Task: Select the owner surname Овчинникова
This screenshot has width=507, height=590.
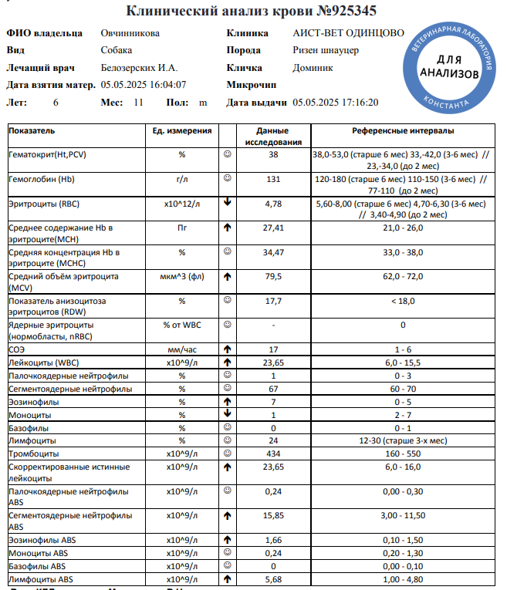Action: [x=130, y=33]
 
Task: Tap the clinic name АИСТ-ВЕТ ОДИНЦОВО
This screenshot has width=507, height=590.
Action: [x=348, y=33]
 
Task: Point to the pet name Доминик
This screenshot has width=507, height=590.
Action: [x=313, y=68]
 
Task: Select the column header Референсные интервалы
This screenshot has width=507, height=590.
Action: [x=403, y=131]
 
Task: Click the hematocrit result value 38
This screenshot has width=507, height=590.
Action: [x=273, y=155]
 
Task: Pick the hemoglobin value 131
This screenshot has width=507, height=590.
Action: [x=273, y=179]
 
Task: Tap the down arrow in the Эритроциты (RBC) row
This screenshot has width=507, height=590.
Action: [x=228, y=204]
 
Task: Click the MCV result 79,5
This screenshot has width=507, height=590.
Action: [x=273, y=276]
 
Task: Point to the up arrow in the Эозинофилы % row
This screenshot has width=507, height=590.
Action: [x=228, y=402]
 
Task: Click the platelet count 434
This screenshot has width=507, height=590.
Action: [x=273, y=453]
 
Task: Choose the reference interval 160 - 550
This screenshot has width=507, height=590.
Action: [x=403, y=453]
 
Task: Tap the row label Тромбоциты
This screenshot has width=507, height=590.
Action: [x=34, y=453]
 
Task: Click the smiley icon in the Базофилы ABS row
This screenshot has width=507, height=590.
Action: [x=228, y=566]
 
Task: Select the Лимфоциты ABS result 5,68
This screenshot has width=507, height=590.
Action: [x=273, y=579]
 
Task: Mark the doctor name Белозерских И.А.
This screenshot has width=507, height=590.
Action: [x=140, y=68]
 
